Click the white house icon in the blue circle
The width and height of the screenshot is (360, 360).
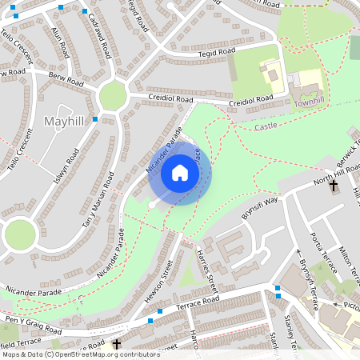[x=179, y=172]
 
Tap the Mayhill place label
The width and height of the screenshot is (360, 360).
[x=63, y=121]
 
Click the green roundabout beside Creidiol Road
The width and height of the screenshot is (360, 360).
[x=114, y=96]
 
